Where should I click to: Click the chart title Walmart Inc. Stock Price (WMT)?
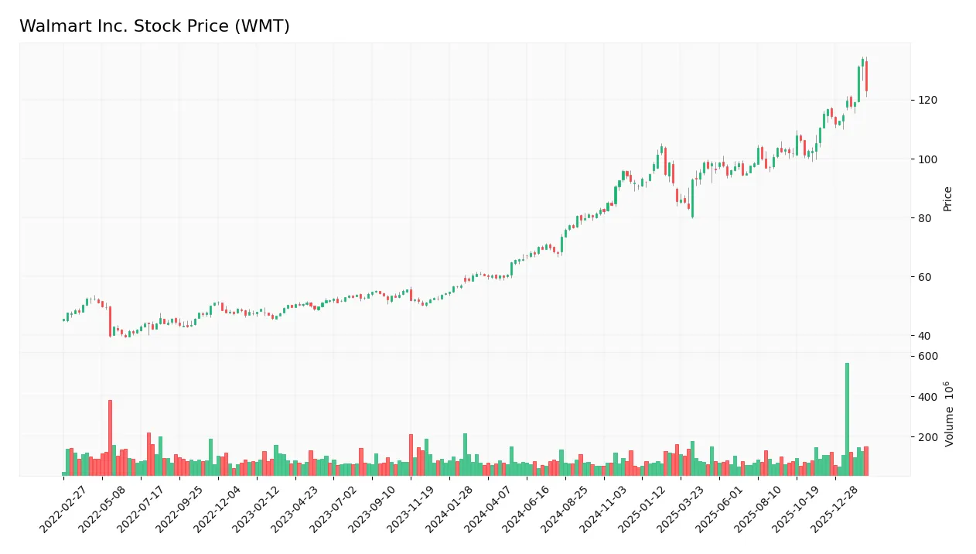155,26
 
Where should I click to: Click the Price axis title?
947,199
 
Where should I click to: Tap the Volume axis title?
949,414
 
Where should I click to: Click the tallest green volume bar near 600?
847,418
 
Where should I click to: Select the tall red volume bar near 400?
110,437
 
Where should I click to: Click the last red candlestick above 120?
866,77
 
